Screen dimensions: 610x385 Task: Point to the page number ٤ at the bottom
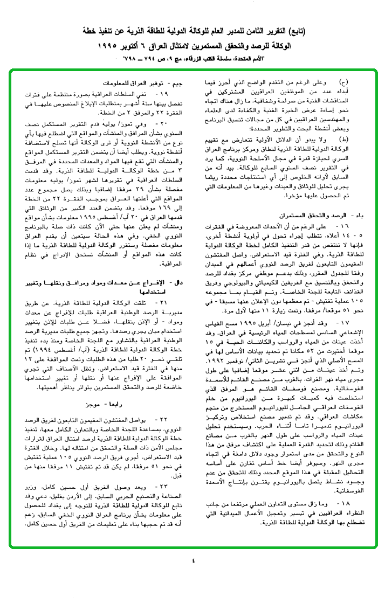tap(192, 561)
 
